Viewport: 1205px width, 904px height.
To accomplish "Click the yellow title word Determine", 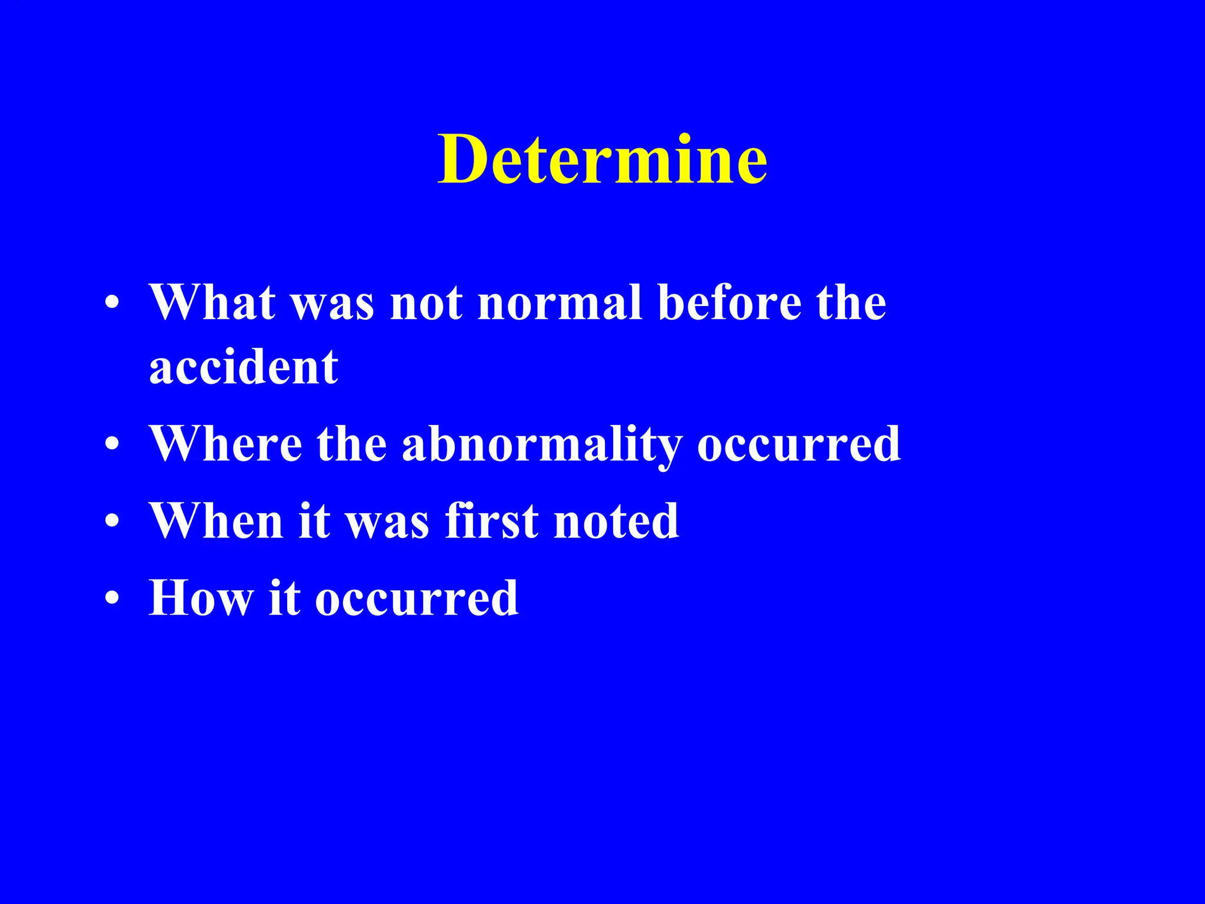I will point(602,159).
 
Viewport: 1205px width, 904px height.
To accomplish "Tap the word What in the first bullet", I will point(212,303).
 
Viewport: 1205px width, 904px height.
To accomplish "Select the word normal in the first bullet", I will point(560,303).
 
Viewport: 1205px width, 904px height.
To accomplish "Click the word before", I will point(730,303).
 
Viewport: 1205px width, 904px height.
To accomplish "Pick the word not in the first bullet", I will point(427,303).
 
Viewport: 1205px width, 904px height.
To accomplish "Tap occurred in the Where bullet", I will point(798,444).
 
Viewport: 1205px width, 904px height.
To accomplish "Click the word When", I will point(216,521).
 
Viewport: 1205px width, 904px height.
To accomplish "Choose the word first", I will point(492,521).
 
